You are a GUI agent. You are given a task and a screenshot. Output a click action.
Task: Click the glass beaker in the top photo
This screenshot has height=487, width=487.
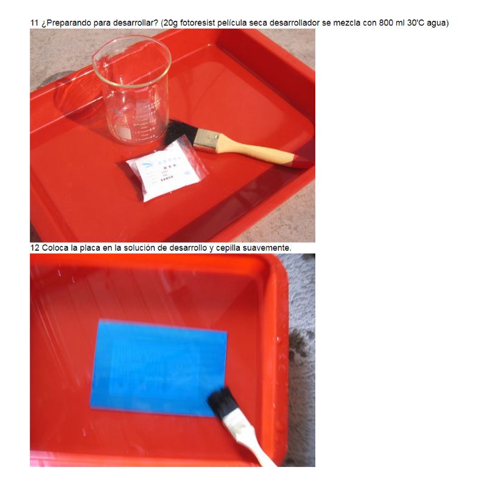[x=131, y=91]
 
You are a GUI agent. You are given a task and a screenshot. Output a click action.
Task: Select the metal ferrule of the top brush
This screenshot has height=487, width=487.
[x=207, y=142]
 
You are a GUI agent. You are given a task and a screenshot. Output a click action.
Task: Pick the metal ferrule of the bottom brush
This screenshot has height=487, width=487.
[x=235, y=422]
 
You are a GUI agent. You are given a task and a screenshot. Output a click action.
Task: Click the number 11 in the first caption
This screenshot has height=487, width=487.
[x=35, y=23]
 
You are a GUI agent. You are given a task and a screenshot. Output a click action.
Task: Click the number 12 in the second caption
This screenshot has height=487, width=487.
[x=35, y=248]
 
